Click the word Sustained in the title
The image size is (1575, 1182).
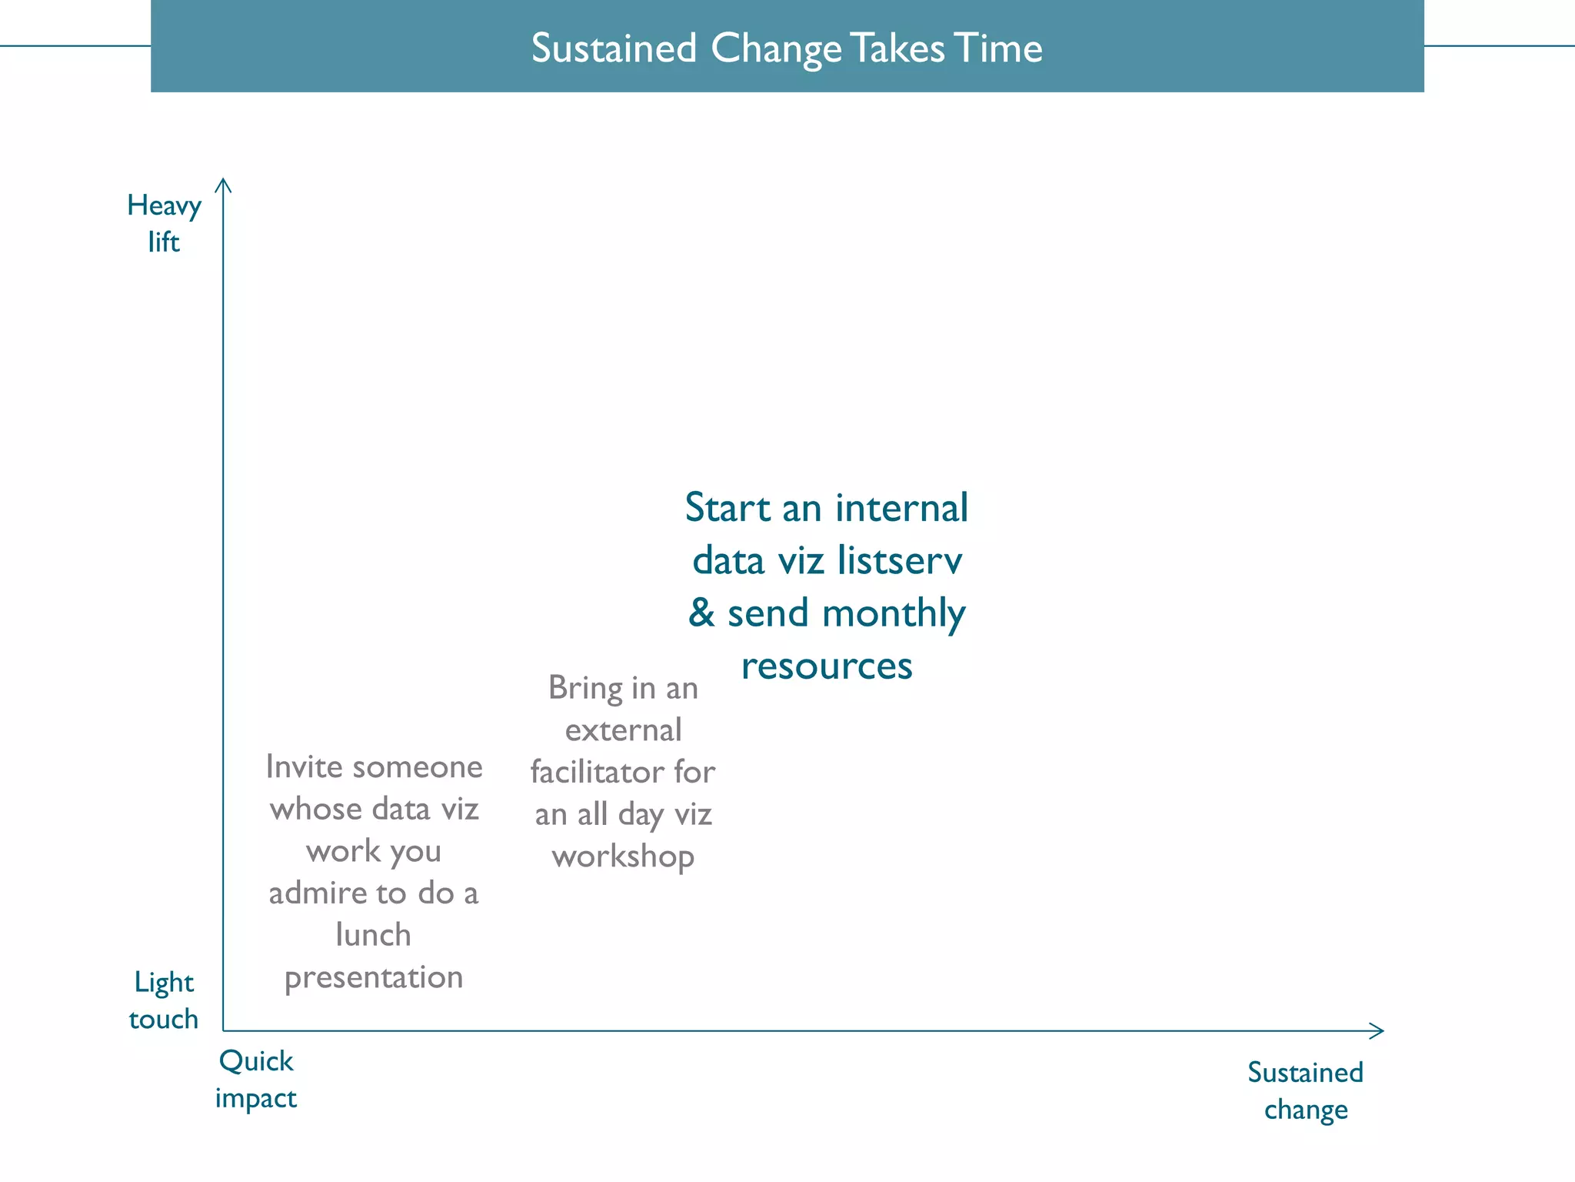point(614,48)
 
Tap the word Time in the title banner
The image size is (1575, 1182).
point(998,48)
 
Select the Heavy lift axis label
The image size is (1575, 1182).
point(164,223)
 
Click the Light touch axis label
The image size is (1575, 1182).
point(163,1000)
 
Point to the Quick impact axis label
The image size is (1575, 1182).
point(255,1080)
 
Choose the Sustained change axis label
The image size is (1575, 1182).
point(1305,1091)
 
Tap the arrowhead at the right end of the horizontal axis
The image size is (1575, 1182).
point(1379,1031)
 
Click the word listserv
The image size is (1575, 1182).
point(899,561)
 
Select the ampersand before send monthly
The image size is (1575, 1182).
point(701,613)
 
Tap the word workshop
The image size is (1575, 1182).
point(623,857)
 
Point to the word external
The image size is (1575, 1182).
point(623,730)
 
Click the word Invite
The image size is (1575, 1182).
point(304,767)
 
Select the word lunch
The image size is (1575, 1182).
point(374,936)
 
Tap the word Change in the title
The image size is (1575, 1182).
point(776,48)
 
